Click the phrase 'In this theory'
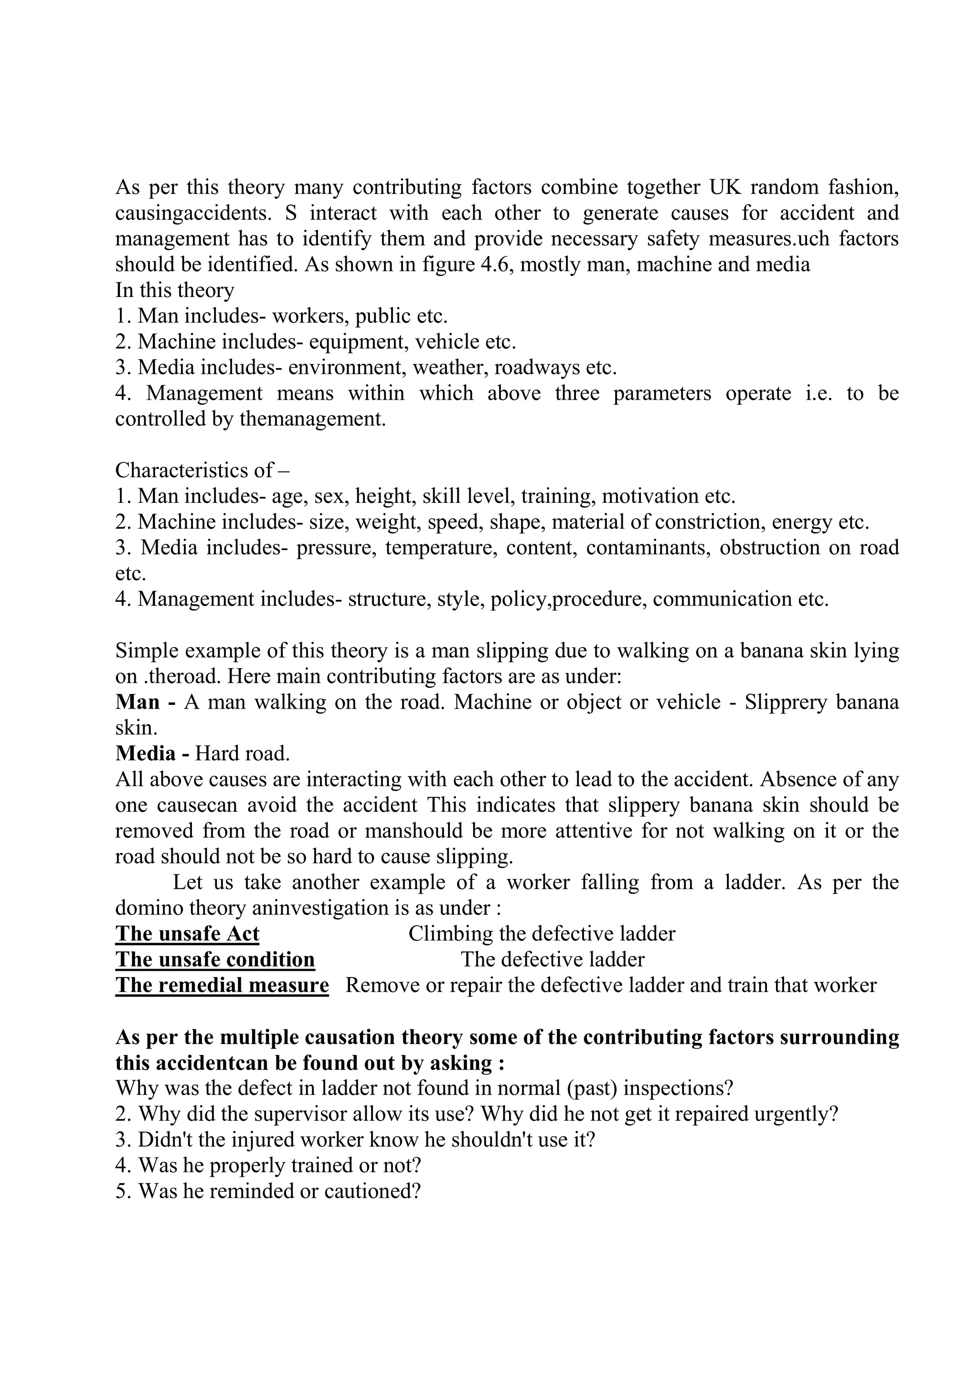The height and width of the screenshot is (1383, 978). point(175,290)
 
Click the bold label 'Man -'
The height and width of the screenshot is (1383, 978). point(145,702)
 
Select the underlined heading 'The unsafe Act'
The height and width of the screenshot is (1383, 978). point(187,934)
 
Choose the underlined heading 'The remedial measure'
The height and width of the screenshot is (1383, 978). point(222,986)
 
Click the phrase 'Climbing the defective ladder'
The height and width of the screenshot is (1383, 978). point(542,934)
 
